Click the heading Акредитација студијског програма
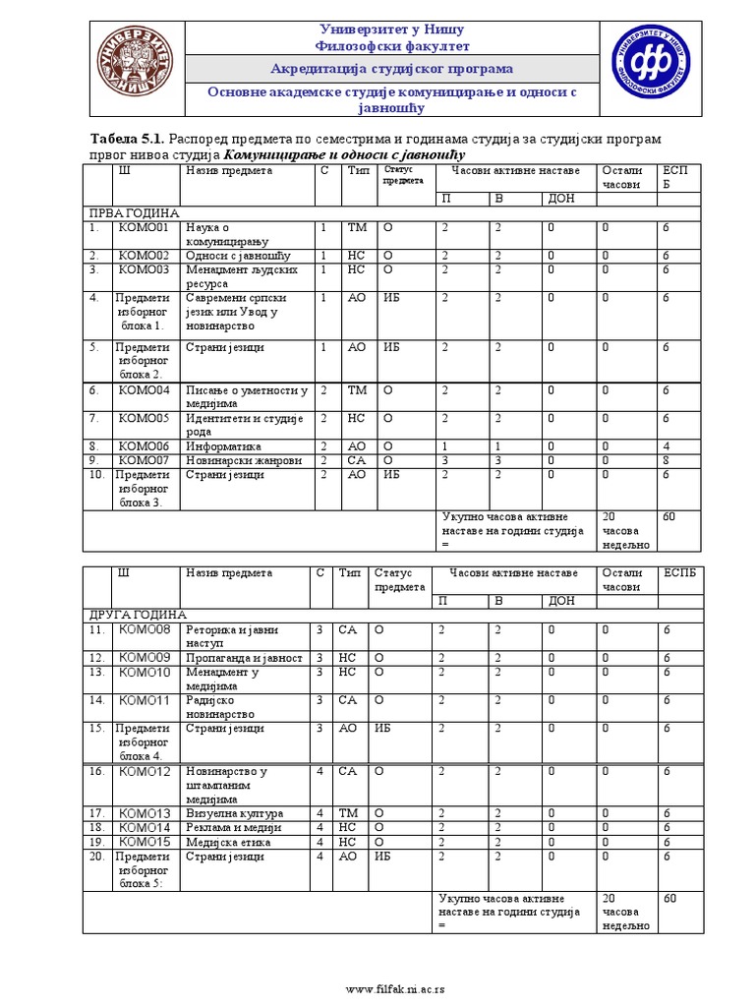pyautogui.click(x=391, y=68)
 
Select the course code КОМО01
pyautogui.click(x=144, y=228)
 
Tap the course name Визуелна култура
pyautogui.click(x=234, y=814)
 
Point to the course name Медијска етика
pyautogui.click(x=231, y=842)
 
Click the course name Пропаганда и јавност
pyautogui.click(x=244, y=658)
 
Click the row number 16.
pyautogui.click(x=96, y=772)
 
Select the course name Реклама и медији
pyautogui.click(x=235, y=828)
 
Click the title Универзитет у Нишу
pyautogui.click(x=391, y=29)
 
